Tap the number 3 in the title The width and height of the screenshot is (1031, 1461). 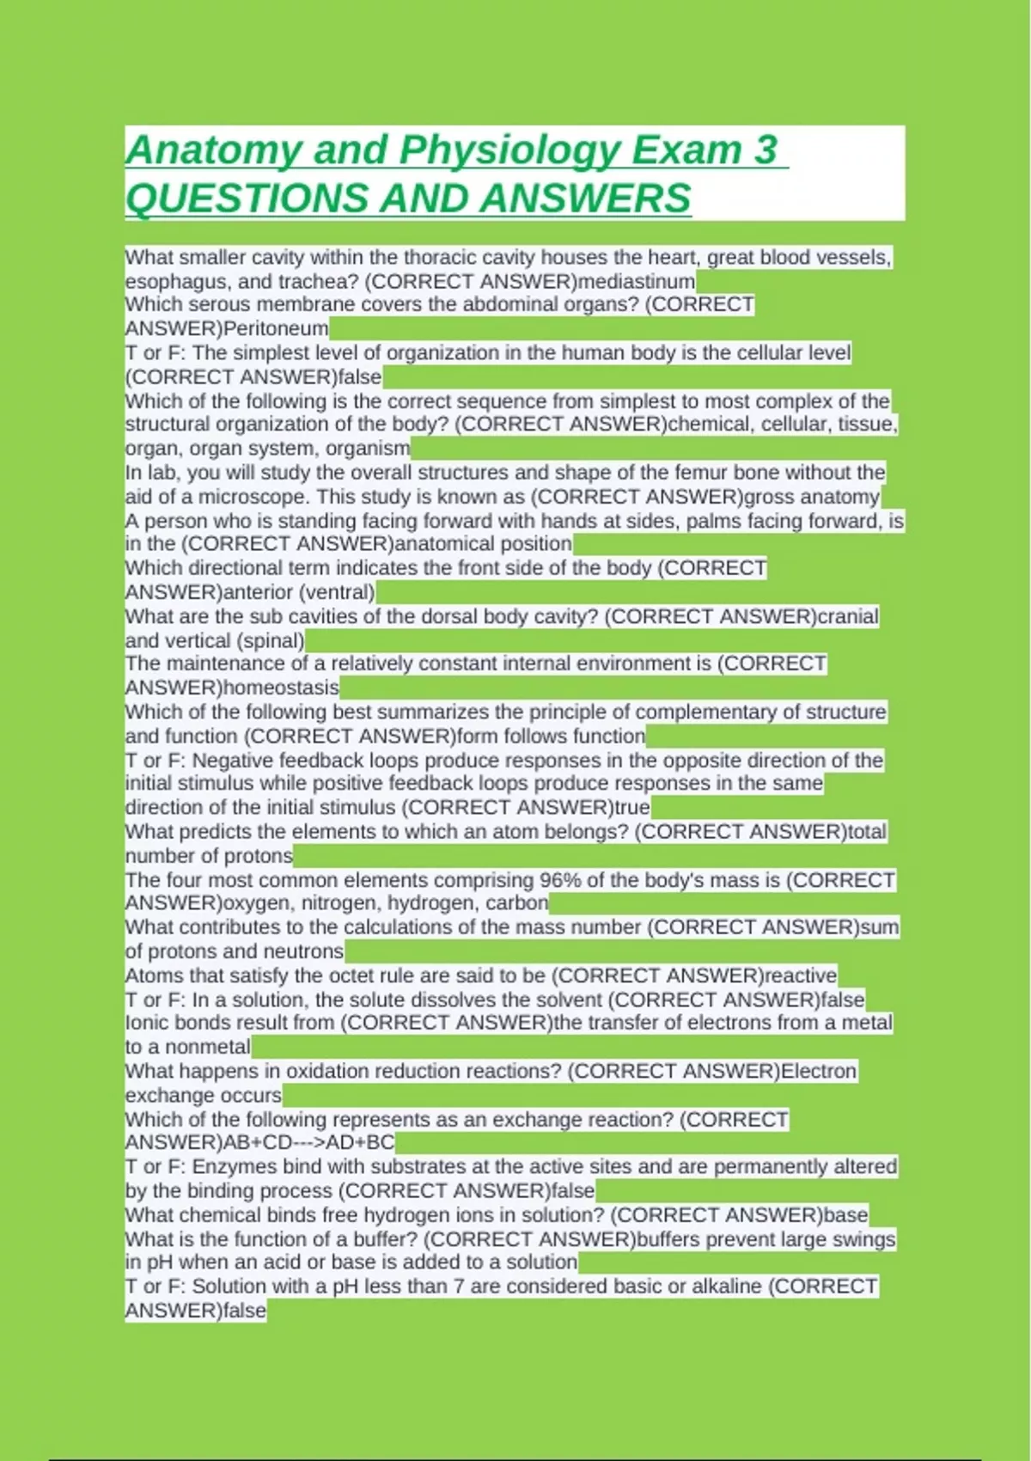(766, 150)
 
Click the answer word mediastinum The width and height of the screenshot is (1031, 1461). (637, 282)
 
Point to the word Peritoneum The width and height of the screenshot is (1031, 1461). (276, 328)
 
